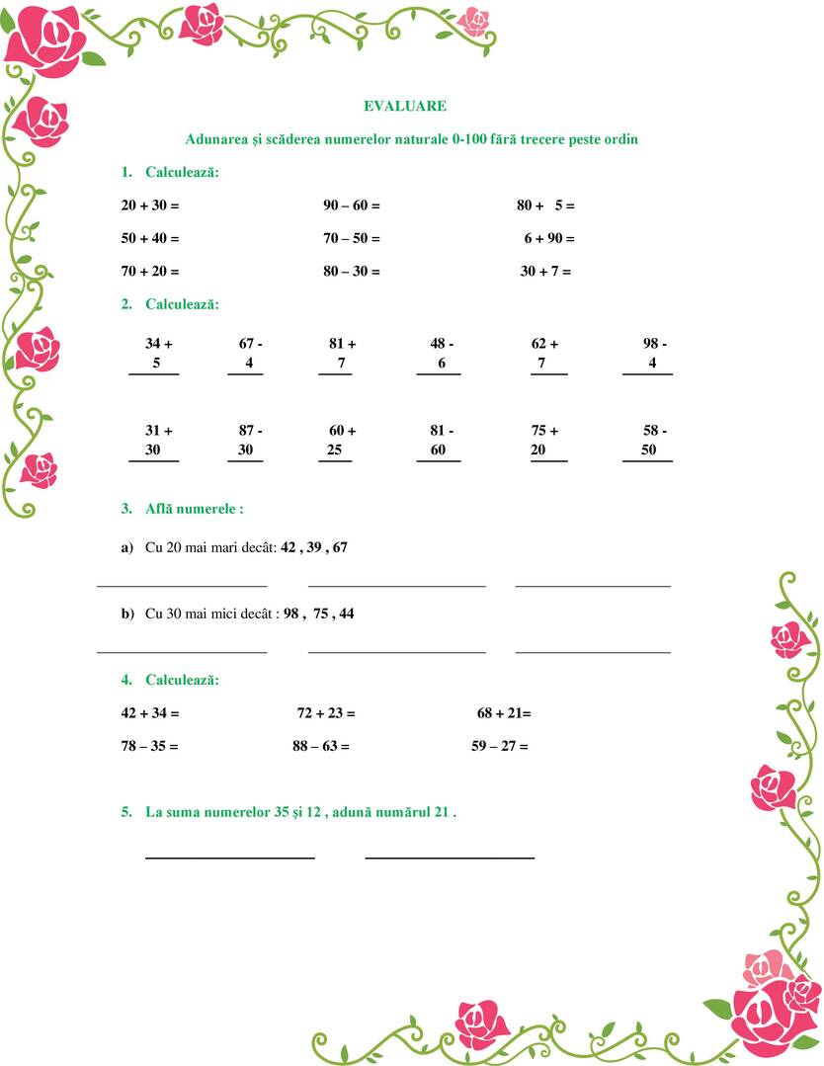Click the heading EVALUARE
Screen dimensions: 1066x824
[x=404, y=106]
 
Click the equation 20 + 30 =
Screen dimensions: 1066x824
[x=149, y=205]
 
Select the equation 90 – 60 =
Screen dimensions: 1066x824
[x=351, y=205]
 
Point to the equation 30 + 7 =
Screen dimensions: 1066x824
[x=545, y=271]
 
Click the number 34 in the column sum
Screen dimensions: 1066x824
[x=153, y=344]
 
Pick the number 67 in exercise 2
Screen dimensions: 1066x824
[x=246, y=344]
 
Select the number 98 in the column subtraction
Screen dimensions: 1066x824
[x=650, y=344]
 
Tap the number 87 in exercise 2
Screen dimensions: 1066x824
[x=246, y=431]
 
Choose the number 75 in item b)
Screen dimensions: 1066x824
[x=321, y=614]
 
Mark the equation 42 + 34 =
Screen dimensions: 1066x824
[x=149, y=712]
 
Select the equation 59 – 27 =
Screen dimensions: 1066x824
[x=499, y=746]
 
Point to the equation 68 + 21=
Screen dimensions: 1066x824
[x=503, y=712]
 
